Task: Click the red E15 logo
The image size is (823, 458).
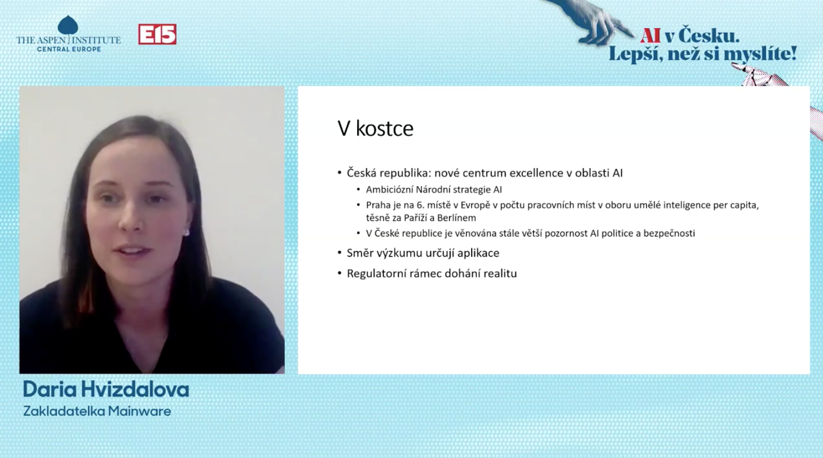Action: (x=157, y=34)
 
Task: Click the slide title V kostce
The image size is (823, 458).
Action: (x=376, y=128)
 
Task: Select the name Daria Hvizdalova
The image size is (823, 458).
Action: (x=106, y=390)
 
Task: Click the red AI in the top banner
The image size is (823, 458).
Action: (x=650, y=36)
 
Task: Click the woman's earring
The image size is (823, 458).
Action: (x=186, y=232)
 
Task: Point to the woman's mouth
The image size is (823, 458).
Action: (x=132, y=251)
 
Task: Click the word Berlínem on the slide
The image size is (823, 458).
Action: (x=456, y=218)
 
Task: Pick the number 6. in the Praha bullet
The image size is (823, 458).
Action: (x=420, y=205)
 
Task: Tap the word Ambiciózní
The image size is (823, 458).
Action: (x=389, y=190)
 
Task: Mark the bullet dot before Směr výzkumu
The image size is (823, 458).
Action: (x=339, y=253)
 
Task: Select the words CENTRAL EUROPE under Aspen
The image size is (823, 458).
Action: (x=68, y=49)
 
